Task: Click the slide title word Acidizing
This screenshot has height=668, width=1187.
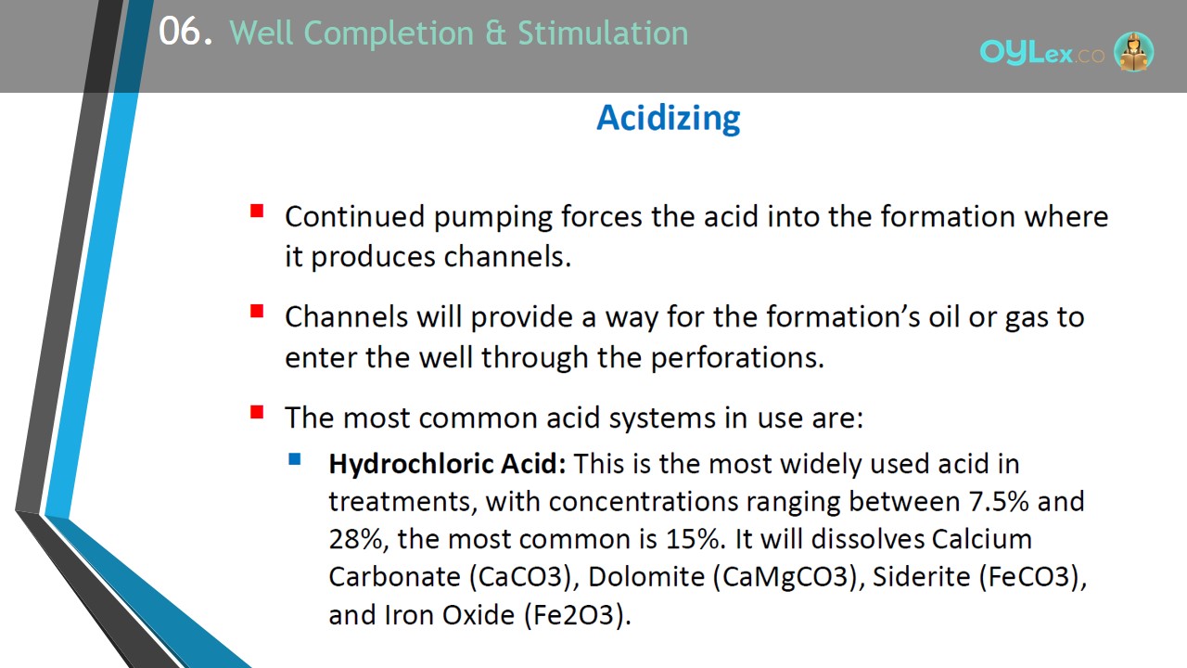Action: [669, 118]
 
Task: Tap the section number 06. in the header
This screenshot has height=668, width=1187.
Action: [185, 32]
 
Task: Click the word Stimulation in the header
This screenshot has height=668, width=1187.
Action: [603, 32]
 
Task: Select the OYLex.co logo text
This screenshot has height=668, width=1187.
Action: [1041, 53]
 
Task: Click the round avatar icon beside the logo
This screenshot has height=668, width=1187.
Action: [1133, 51]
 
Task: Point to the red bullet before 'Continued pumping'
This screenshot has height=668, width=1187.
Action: [257, 211]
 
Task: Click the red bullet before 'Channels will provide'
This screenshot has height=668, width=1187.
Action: [257, 311]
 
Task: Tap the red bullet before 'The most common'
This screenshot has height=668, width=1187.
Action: [257, 412]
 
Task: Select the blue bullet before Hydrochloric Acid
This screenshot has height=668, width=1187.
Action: [295, 459]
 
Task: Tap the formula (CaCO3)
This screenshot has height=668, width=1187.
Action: [524, 577]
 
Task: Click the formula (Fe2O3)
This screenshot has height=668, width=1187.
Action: [577, 615]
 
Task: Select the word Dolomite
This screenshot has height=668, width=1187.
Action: [646, 577]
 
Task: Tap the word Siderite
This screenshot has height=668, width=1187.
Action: [921, 577]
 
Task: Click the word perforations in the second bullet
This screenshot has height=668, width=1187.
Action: [737, 359]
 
